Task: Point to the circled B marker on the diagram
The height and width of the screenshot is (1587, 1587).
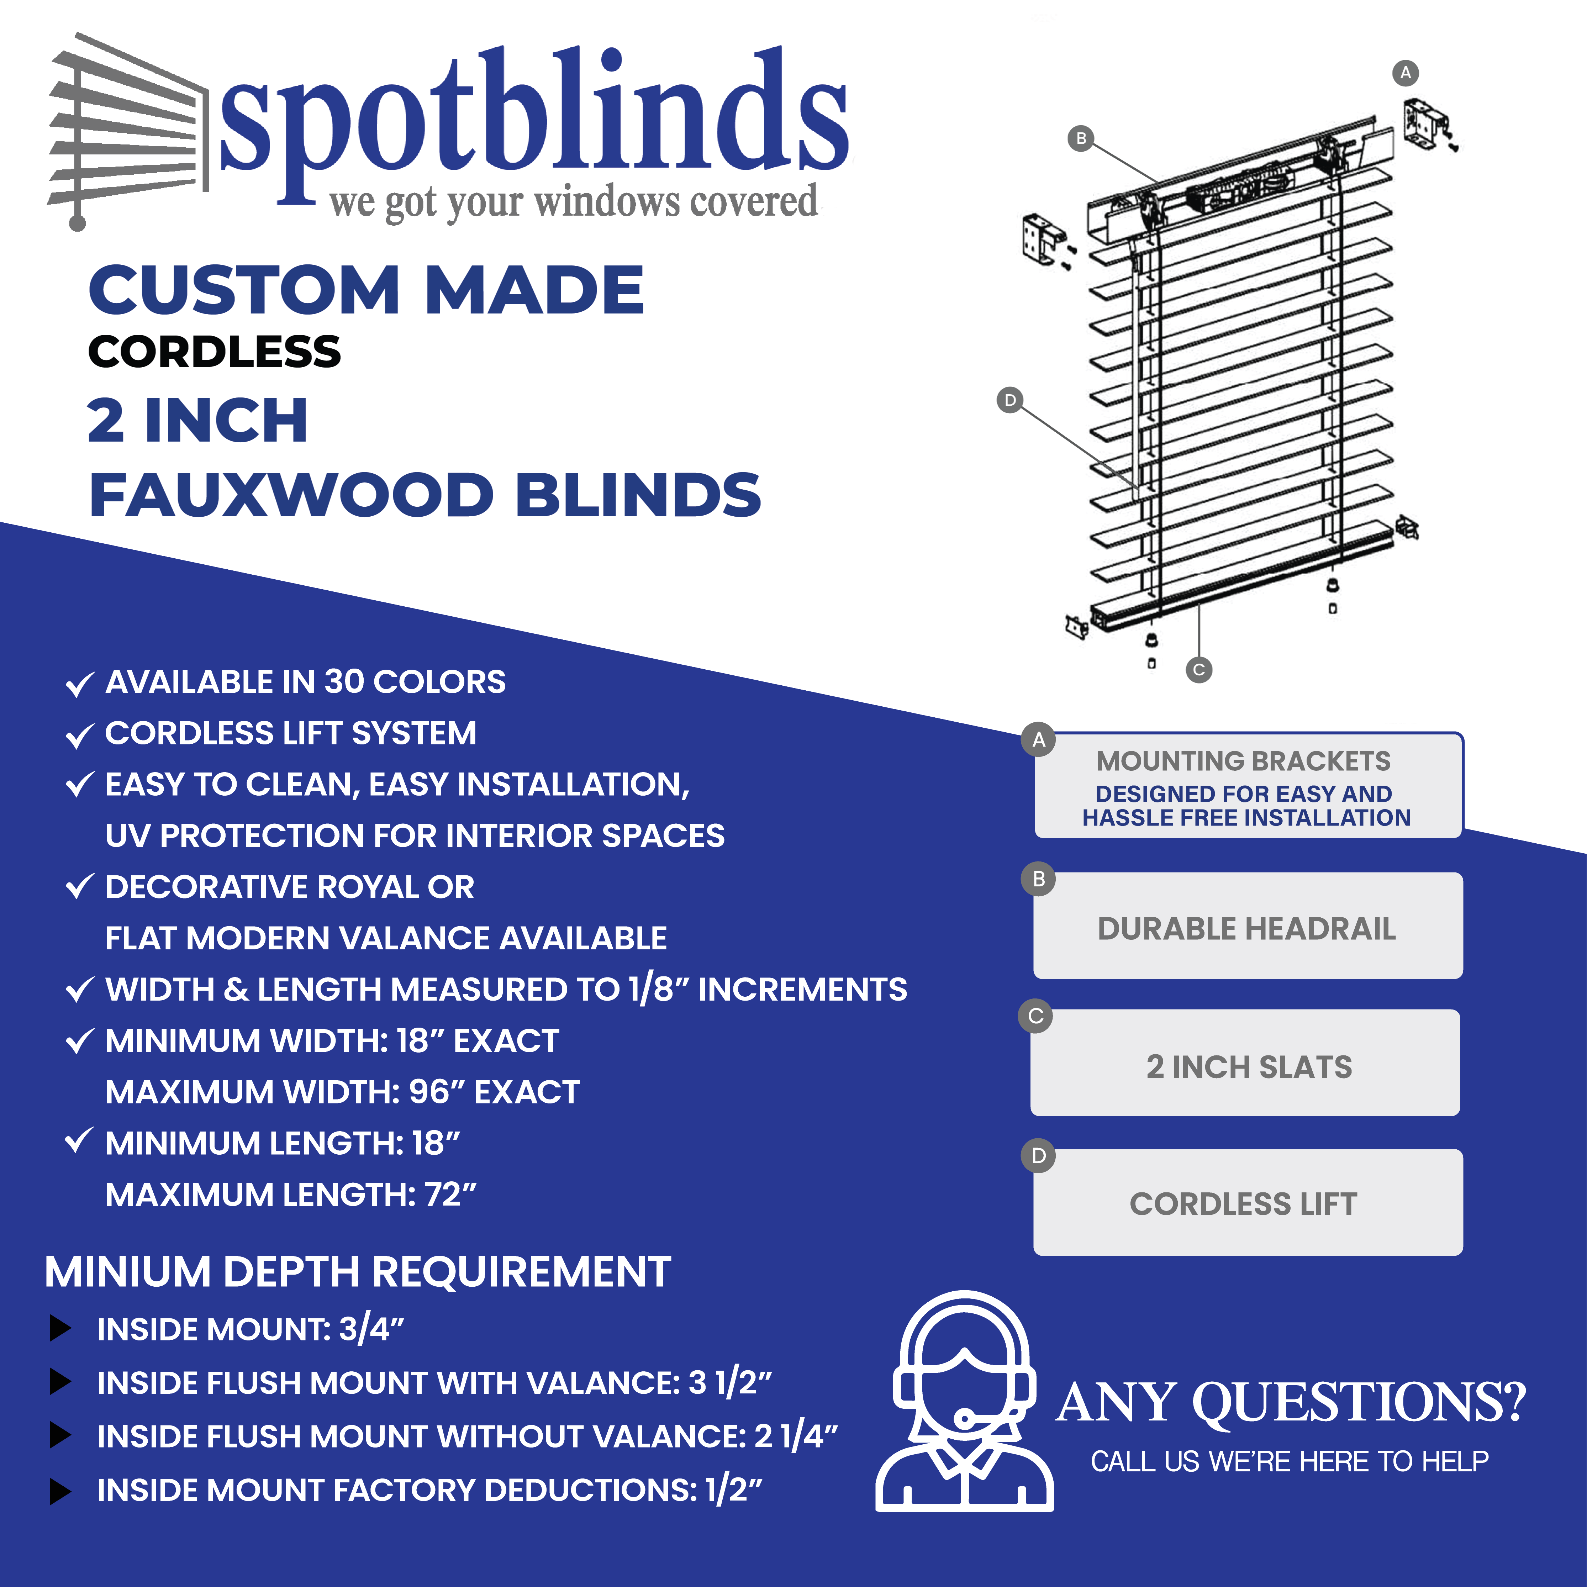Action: (1081, 138)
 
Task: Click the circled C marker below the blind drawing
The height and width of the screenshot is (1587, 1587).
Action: (1198, 669)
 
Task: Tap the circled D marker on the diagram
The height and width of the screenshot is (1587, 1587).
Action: (1009, 400)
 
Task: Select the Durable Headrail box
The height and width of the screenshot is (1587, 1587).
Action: (1248, 926)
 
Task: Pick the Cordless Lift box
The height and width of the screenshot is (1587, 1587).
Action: (1248, 1203)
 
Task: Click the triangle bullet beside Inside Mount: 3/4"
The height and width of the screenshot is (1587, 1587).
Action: (61, 1328)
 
